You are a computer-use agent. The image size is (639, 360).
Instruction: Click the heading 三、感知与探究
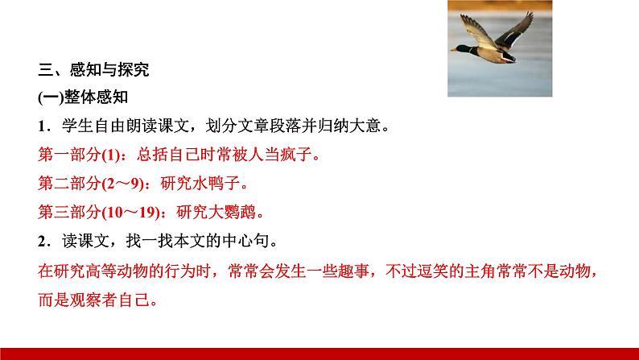pos(93,70)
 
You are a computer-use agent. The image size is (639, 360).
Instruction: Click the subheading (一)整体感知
pos(83,97)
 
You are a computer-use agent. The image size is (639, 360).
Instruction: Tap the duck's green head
pos(464,49)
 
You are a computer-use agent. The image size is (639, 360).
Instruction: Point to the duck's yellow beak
pos(454,50)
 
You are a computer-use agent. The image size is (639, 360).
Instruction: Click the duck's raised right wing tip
pos(530,14)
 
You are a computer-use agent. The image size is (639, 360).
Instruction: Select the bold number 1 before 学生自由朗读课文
pos(42,126)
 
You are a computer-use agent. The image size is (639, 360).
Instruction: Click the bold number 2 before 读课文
pos(42,242)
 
